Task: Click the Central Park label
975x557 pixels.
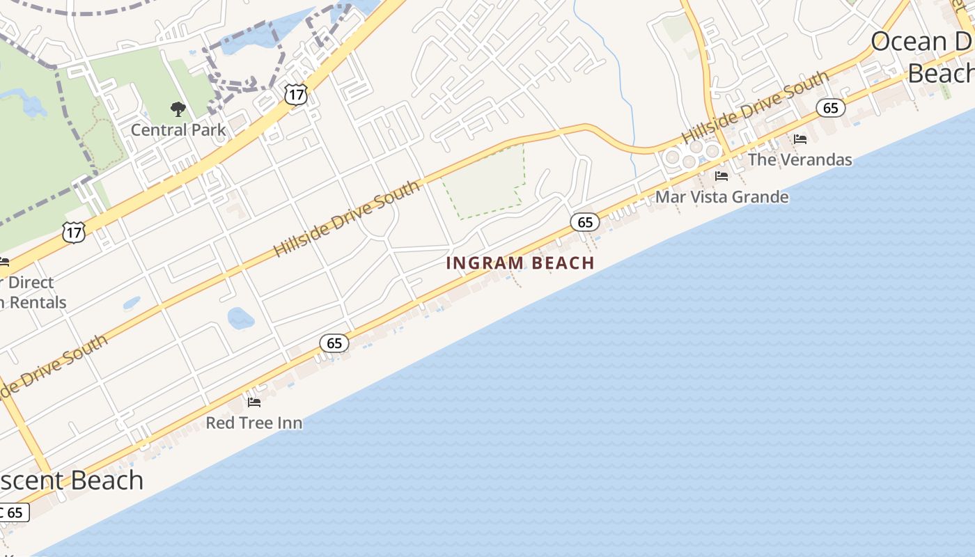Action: tap(178, 130)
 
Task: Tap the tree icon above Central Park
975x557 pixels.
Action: tap(178, 109)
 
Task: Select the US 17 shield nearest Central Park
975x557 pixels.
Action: tap(296, 95)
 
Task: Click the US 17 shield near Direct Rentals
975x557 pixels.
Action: tap(74, 233)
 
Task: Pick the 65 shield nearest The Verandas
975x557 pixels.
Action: tap(831, 108)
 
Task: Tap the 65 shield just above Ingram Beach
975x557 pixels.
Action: tap(585, 222)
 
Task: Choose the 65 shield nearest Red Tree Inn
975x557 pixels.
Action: tap(334, 343)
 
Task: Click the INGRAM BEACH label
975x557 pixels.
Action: tap(520, 263)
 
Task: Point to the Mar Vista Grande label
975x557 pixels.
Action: tap(721, 197)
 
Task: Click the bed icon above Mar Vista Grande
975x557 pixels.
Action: tap(721, 176)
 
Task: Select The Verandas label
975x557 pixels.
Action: tap(799, 159)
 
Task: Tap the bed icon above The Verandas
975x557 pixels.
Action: tap(800, 139)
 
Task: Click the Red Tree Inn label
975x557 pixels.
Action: tap(254, 423)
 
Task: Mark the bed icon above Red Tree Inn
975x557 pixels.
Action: tap(254, 402)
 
